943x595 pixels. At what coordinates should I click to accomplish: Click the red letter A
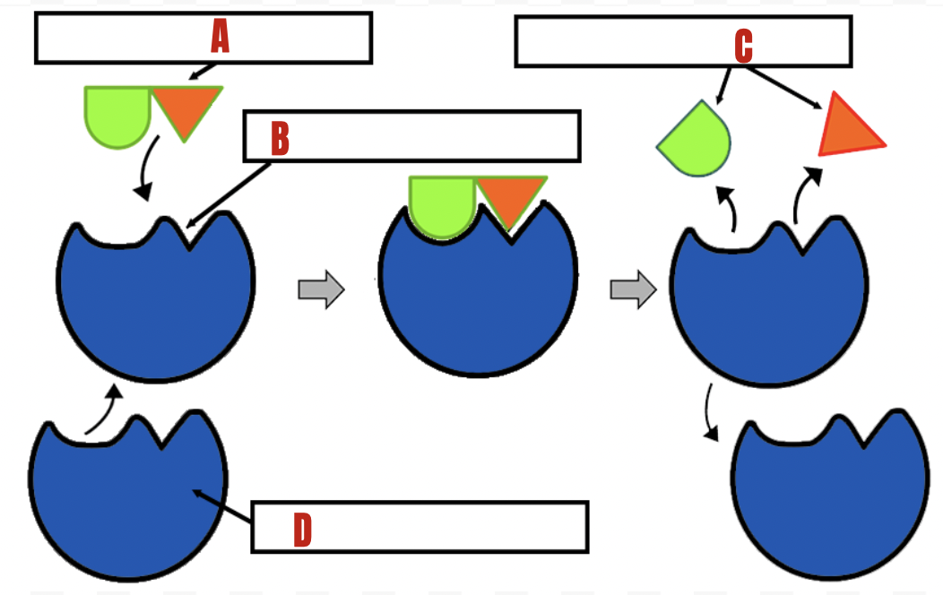click(221, 38)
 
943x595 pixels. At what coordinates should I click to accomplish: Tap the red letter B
click(280, 138)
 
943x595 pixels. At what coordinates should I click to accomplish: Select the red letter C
click(743, 47)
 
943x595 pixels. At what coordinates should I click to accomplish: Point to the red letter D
click(303, 530)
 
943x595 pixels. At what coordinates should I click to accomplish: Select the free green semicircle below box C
click(697, 140)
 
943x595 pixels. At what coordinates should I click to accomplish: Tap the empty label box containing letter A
click(203, 38)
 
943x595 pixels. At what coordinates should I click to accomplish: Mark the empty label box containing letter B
click(412, 136)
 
